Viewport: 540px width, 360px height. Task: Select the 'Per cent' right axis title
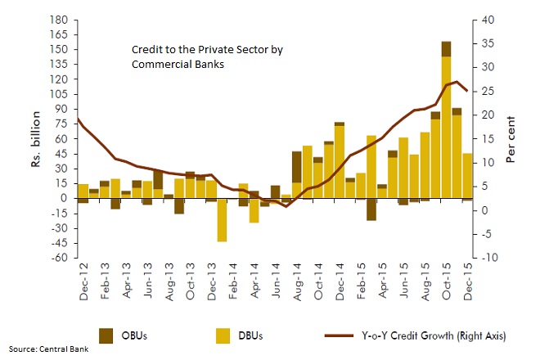click(x=511, y=139)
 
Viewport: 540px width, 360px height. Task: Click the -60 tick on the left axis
click(x=58, y=258)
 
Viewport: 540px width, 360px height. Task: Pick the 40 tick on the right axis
click(x=487, y=19)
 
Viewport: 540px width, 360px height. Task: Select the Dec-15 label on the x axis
click(x=467, y=282)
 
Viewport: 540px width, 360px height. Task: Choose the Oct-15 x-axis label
click(x=446, y=282)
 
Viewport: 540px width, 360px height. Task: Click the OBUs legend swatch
click(x=109, y=334)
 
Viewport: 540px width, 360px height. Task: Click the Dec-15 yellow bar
click(x=467, y=176)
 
